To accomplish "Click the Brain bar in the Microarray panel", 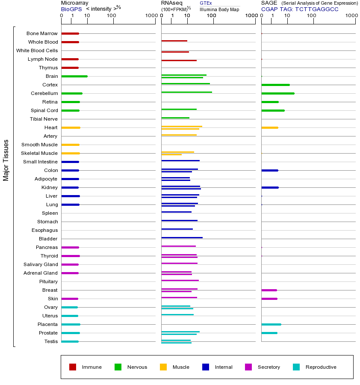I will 74,76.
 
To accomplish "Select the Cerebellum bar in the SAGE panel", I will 277,93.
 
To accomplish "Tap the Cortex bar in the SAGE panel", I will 275,85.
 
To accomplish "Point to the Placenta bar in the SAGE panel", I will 271,324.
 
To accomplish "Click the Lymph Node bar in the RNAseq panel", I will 179,60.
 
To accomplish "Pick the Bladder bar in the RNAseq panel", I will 182,237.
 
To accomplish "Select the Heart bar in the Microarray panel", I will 71,127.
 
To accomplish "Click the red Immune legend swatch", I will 73,367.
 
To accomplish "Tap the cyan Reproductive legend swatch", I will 296,367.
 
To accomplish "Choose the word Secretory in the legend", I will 269,367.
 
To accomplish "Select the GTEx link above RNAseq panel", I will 206,3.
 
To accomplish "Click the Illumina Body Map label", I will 219,9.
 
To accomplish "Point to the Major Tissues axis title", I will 6,160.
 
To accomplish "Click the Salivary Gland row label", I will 41,264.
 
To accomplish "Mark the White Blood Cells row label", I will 37,50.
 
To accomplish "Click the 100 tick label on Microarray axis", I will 112,16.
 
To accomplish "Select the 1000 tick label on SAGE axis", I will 351,16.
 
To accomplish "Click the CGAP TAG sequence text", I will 300,9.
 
